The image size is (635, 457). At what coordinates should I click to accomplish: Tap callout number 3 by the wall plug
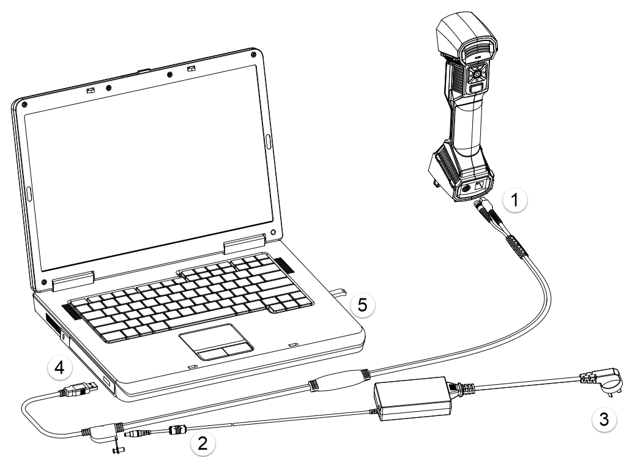pyautogui.click(x=603, y=419)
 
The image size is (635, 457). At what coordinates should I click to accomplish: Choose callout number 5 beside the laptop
pyautogui.click(x=362, y=305)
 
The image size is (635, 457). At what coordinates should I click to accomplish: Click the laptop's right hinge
pyautogui.click(x=244, y=245)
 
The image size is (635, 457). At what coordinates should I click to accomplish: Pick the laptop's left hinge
pyautogui.click(x=73, y=281)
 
